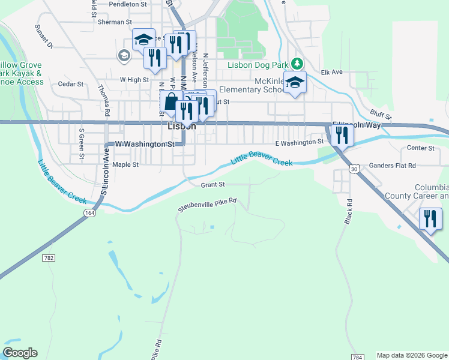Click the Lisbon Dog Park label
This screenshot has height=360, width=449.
point(258,65)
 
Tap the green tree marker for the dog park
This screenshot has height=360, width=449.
point(297,63)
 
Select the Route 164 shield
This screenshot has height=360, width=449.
point(89,212)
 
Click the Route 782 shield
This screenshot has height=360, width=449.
point(49,257)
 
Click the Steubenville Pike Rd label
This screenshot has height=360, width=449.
point(207,205)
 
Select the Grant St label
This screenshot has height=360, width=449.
point(212,185)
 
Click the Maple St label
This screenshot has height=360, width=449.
point(125,164)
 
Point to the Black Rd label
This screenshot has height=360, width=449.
point(348,212)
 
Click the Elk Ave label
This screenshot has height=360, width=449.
point(331,72)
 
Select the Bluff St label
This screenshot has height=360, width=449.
point(381,113)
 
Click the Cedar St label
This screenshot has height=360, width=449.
point(70,84)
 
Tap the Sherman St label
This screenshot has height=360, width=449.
point(110,22)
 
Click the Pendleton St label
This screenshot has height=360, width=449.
point(128,4)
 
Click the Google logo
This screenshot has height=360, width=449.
point(20,353)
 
